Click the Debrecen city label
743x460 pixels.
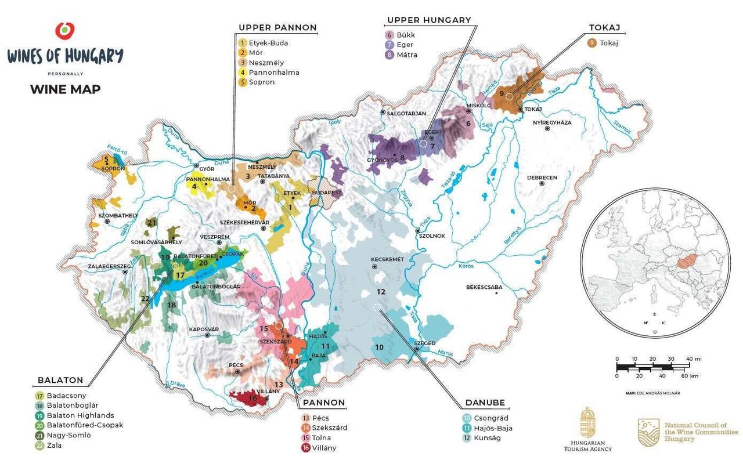pos(542,178)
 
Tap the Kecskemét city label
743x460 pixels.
pos(387,259)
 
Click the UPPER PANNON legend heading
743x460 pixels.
pos(277,27)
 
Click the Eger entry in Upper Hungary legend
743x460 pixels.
pos(405,45)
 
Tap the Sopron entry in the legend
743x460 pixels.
pos(261,82)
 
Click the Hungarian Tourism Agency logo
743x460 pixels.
pos(587,430)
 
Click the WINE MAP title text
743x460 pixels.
pos(65,89)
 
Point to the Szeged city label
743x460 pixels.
pos(424,343)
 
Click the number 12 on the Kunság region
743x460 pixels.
pos(381,292)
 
